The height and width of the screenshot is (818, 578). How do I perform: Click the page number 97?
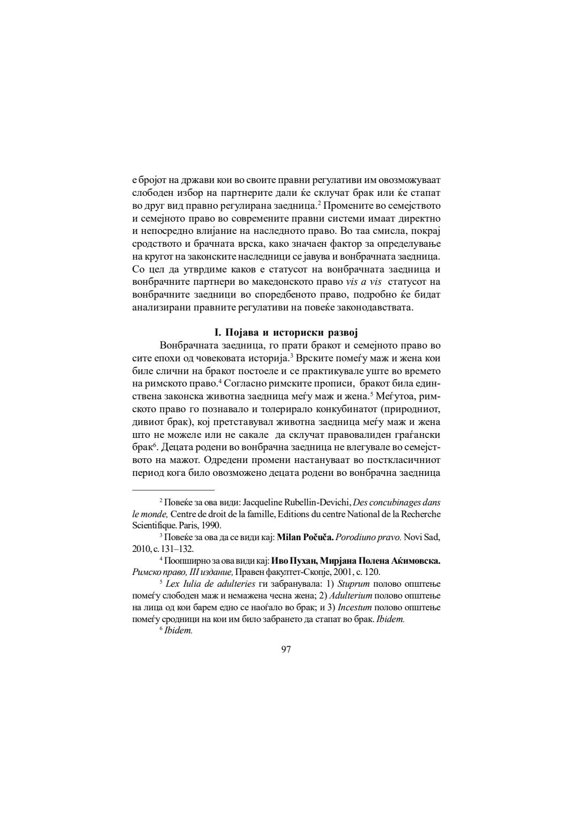[286, 649]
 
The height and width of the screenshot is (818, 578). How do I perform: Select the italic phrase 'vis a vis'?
[363, 282]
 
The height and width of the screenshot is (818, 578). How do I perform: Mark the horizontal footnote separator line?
[173, 489]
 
